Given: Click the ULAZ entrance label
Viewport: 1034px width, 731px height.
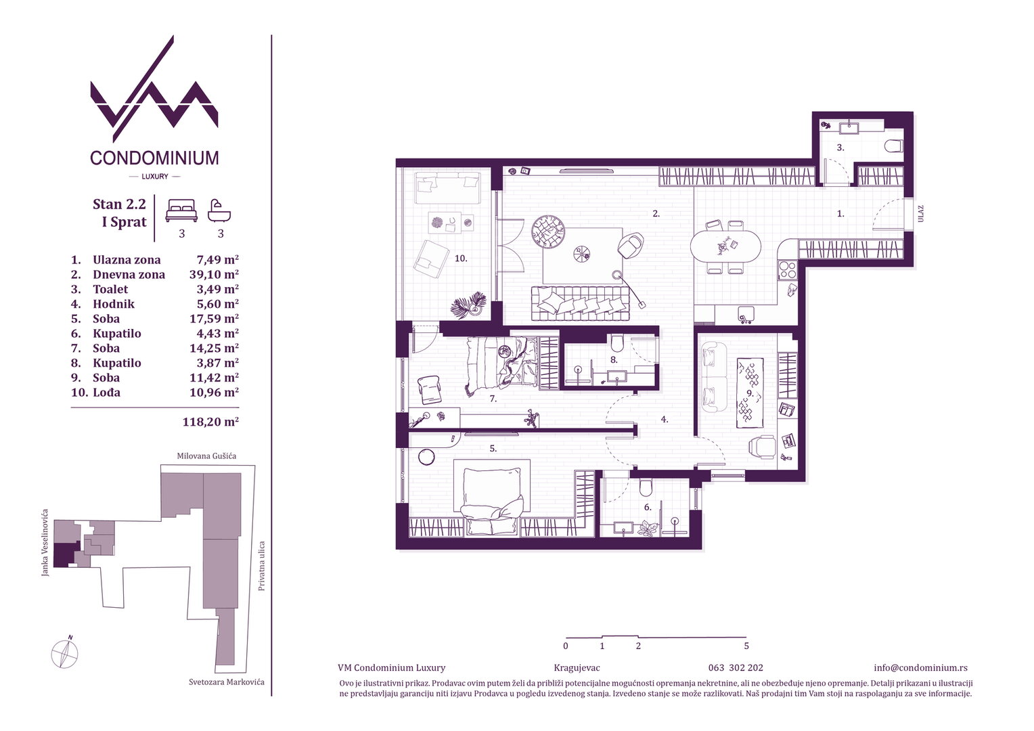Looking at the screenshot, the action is [x=921, y=214].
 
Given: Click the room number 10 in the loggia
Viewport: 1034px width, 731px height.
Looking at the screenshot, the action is [x=461, y=259].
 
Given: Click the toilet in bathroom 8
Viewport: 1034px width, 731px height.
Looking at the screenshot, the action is [x=616, y=342].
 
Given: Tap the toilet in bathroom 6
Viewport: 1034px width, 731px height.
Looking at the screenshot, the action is [x=646, y=487].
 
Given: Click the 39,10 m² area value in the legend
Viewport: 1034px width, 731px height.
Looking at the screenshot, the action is [x=214, y=274].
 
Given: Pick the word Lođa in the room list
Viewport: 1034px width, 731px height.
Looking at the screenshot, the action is [x=107, y=393].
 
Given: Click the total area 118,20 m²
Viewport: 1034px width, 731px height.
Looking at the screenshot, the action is [x=210, y=422].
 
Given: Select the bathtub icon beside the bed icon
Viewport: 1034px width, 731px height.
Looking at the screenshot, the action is [x=219, y=211].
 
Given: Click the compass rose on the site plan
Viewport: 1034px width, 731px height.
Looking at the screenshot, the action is [x=65, y=653].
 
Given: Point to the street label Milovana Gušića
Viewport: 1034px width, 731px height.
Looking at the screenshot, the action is [x=206, y=456].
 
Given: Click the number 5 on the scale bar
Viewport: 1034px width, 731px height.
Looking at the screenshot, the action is [x=746, y=646].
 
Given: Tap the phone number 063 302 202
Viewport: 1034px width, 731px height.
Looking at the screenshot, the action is [x=736, y=667].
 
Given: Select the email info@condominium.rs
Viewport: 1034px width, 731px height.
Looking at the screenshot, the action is [x=920, y=667].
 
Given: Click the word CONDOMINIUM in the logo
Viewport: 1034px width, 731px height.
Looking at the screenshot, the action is [x=155, y=158].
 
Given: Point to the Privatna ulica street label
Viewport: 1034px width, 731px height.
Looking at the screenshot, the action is [x=262, y=566].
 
